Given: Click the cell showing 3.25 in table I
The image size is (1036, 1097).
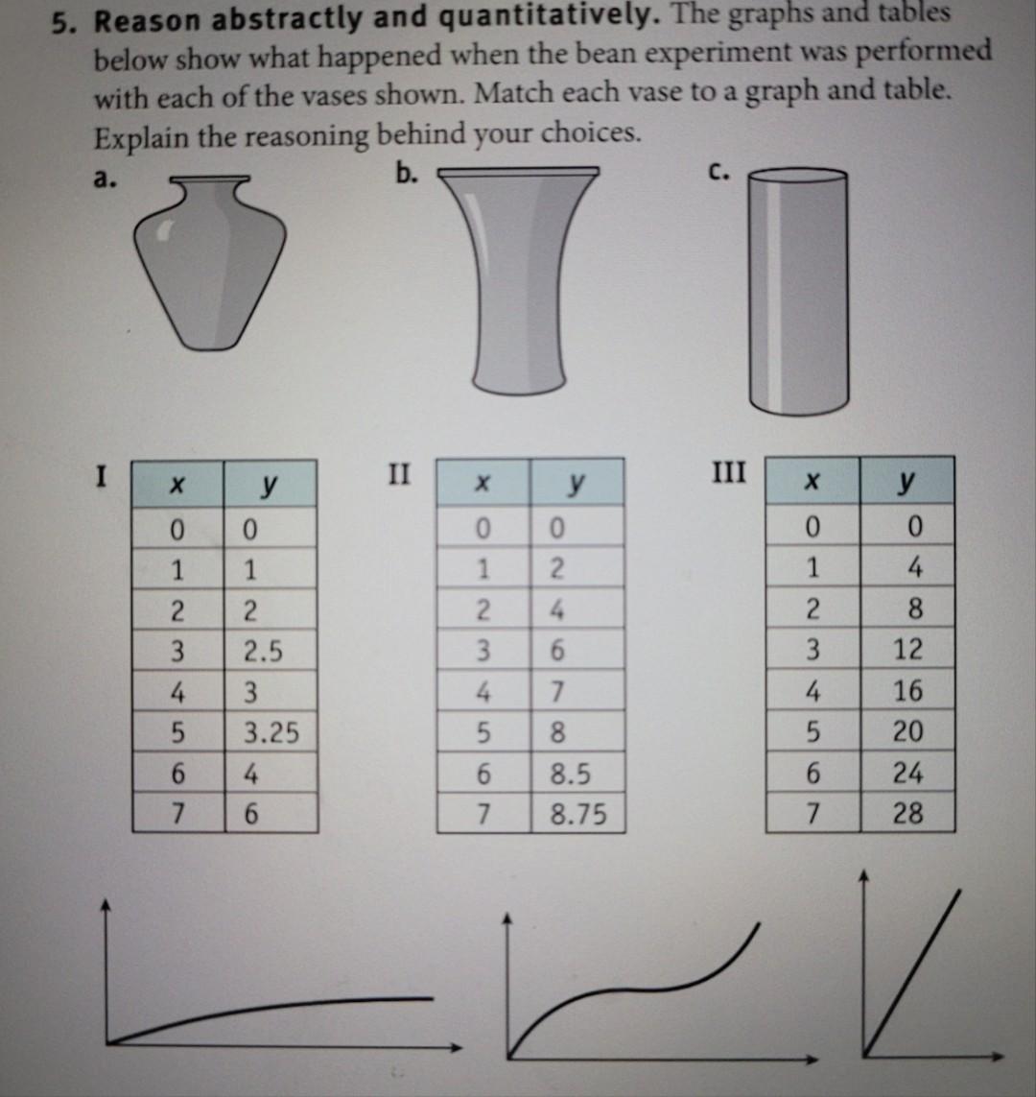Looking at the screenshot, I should coord(271,733).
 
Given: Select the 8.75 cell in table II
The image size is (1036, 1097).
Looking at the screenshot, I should coord(578,815).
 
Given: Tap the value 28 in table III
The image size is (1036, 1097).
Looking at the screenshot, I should coord(906,814).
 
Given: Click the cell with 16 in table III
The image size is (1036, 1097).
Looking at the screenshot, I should coord(906,691).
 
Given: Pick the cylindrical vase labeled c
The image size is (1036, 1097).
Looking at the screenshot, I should coord(798,291).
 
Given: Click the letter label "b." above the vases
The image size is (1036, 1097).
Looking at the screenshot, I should coord(408,173).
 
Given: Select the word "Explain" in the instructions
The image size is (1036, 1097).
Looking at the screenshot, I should coord(141,137).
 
